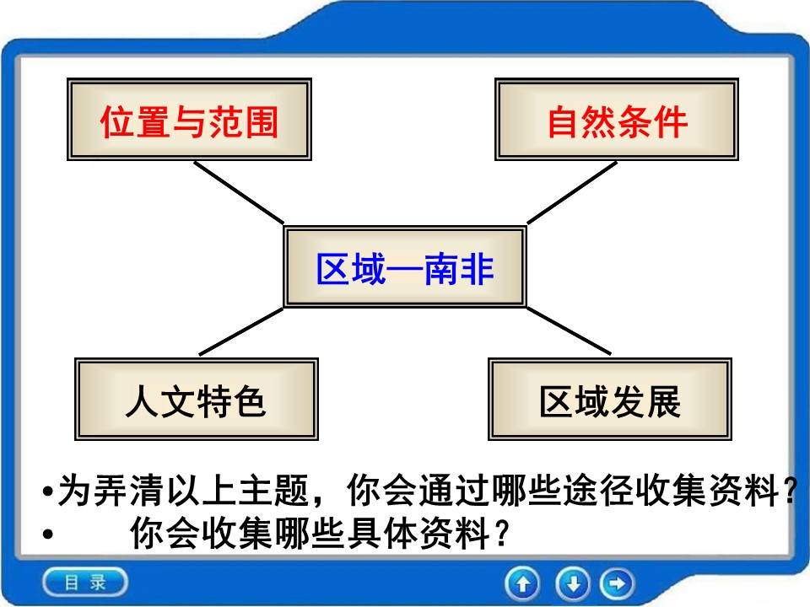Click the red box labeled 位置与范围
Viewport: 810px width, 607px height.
189,121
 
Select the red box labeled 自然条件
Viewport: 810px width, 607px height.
617,121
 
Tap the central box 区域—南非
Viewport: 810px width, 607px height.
405,267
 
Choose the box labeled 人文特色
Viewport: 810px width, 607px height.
197,400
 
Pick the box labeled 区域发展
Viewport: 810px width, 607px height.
610,400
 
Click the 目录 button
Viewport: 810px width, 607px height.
85,582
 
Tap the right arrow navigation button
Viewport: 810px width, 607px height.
618,583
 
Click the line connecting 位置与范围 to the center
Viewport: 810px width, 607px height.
239,192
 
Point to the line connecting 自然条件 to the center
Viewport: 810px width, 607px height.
572,191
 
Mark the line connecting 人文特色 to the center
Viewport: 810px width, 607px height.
242,330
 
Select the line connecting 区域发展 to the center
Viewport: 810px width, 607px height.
569,330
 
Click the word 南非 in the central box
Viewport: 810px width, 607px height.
465,269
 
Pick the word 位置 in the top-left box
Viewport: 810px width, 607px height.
128,121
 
